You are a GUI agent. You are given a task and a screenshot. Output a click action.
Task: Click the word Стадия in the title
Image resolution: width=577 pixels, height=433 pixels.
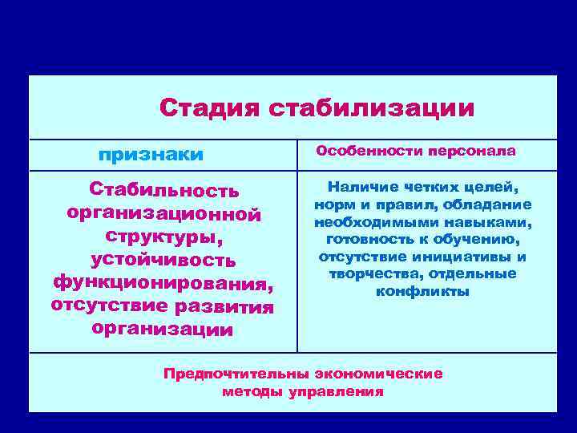point(208,107)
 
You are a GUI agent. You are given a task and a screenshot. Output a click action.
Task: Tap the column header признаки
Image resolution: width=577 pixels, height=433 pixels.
point(151,153)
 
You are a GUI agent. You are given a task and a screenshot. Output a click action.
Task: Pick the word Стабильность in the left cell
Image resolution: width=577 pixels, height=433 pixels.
point(163,191)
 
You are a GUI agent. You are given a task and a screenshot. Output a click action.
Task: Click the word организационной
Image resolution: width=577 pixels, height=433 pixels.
point(163,214)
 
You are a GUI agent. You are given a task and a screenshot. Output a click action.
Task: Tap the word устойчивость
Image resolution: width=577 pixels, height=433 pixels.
point(163,260)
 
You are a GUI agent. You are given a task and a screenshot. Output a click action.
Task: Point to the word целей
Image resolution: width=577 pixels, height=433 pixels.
point(492,188)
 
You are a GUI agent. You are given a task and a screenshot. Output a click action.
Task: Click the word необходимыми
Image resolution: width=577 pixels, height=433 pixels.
point(365,222)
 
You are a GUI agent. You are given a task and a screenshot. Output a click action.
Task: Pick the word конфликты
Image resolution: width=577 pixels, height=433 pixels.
point(422,291)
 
